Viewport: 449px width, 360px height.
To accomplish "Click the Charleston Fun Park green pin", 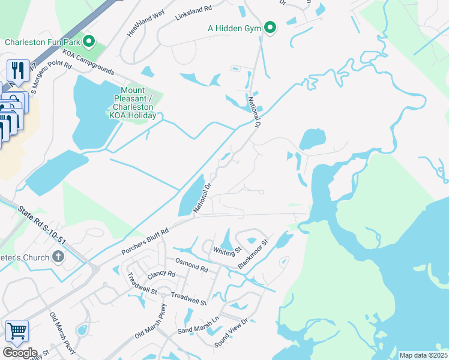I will point(89,42).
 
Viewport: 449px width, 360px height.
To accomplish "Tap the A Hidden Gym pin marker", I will point(271,28).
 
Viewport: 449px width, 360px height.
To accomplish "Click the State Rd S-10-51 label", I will point(41,225).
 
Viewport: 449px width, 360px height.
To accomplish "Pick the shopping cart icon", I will point(17,331).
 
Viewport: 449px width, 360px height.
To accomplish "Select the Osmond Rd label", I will point(191,265).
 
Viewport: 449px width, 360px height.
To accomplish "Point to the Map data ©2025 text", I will point(423,355).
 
